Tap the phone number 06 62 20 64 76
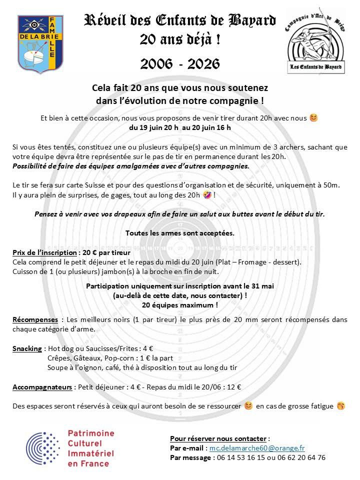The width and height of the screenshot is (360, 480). pos(300,457)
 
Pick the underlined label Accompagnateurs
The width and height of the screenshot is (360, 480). pos(41,386)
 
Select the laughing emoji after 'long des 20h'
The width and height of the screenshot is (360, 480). pos(206,194)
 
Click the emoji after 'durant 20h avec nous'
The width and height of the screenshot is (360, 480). pos(313,118)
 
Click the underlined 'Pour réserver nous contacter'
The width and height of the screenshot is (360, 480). pos(219,438)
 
